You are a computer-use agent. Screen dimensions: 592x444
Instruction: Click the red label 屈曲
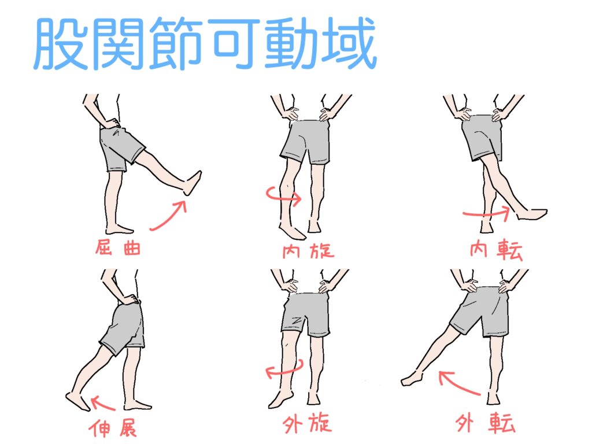tap(118, 247)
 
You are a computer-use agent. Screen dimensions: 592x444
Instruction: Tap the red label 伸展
tap(113, 428)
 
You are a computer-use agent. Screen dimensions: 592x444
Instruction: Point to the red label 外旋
tap(308, 423)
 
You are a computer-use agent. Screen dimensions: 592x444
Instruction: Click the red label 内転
tap(496, 250)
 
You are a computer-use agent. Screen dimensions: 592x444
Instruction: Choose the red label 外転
tap(486, 423)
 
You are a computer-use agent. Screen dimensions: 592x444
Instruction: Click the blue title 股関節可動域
tap(206, 43)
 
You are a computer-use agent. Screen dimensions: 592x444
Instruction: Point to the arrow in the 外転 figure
tap(458, 384)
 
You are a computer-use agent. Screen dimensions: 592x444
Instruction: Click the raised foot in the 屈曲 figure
tap(193, 183)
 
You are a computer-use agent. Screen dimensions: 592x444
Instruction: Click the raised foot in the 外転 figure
tap(412, 379)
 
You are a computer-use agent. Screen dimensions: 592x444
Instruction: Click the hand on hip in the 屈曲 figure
tap(112, 124)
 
